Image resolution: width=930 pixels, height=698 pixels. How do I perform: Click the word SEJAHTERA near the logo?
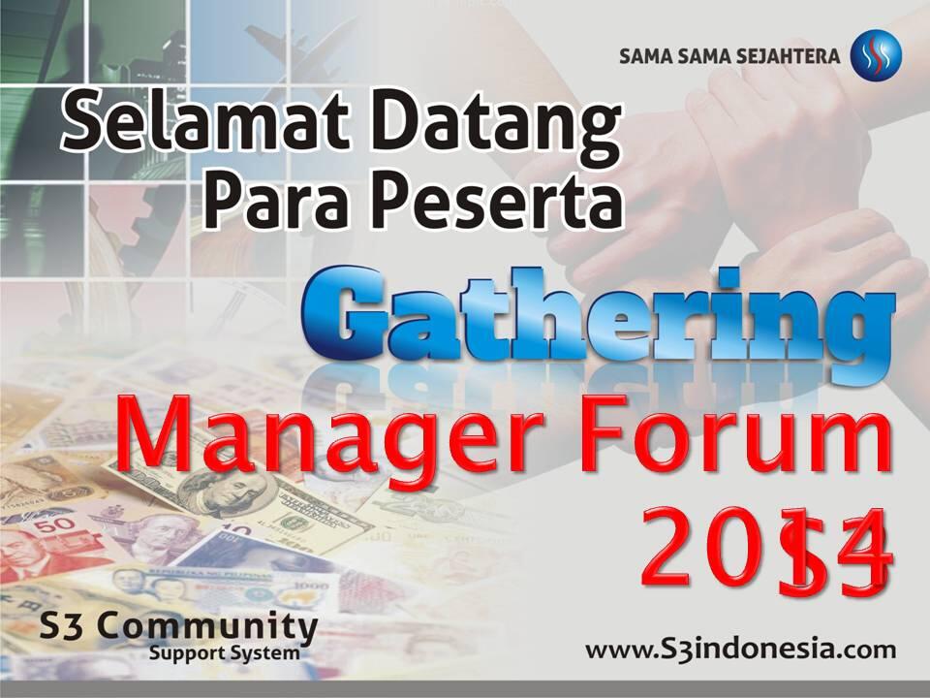790,56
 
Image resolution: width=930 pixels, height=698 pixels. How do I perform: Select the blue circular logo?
876,56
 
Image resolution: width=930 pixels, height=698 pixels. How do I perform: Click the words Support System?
224,653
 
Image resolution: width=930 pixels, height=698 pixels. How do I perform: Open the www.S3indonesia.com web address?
740,648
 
